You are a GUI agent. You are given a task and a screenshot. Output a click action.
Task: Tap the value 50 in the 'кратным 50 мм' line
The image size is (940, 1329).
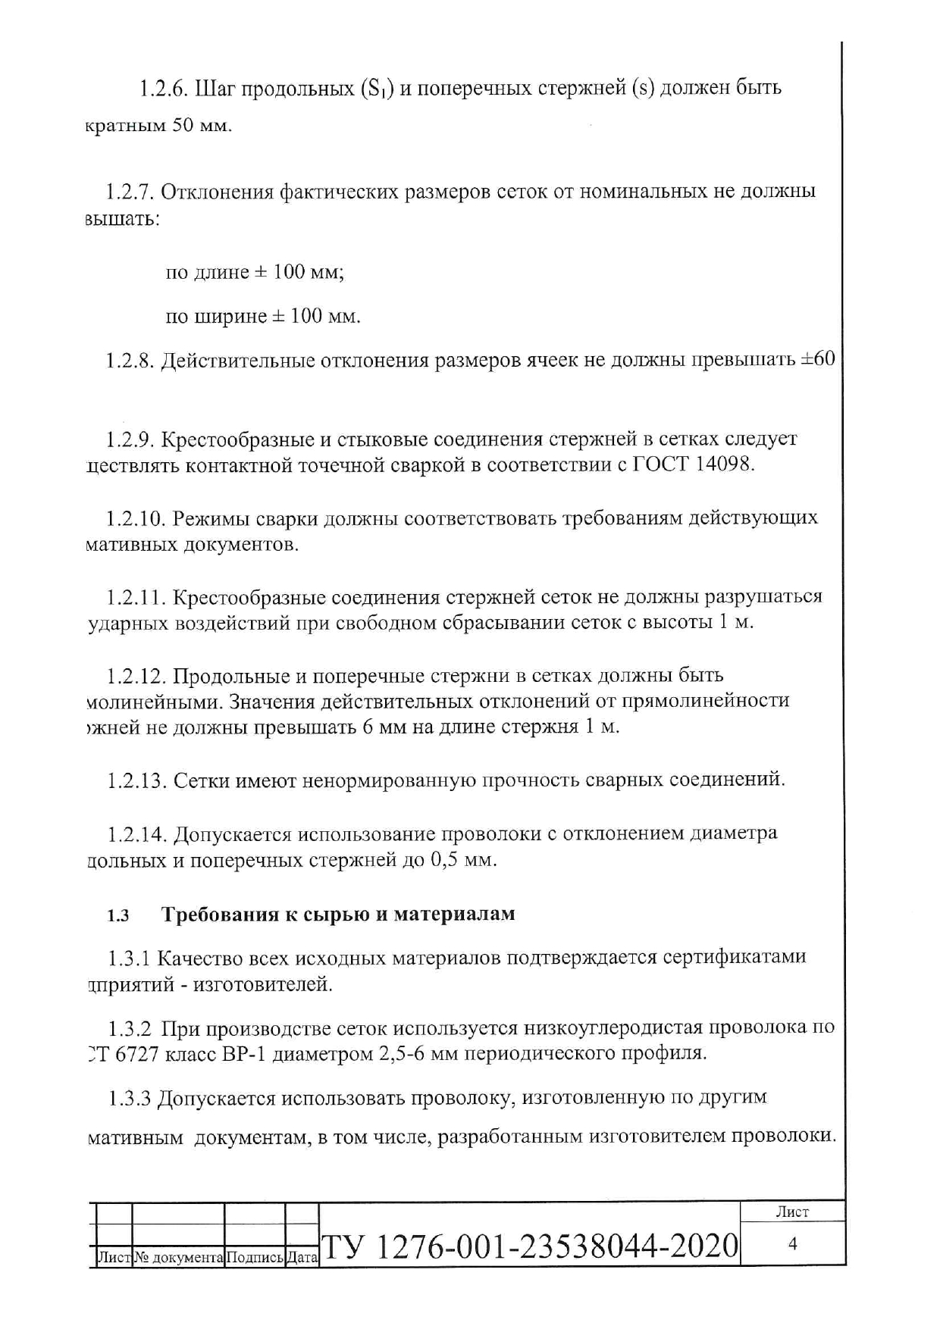(x=182, y=126)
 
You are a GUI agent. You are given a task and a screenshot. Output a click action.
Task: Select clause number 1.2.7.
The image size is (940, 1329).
(x=129, y=192)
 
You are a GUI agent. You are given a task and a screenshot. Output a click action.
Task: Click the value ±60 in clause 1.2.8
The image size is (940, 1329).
(x=817, y=359)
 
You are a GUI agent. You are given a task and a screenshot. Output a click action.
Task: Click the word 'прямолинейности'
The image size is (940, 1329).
(x=705, y=701)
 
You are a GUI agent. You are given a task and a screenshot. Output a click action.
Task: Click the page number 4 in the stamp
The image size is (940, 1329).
(x=793, y=1243)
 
